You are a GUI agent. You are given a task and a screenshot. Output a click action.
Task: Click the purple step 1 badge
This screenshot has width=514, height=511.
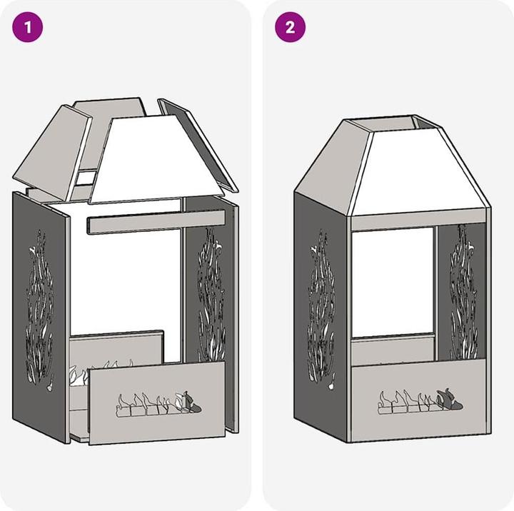tap(28, 27)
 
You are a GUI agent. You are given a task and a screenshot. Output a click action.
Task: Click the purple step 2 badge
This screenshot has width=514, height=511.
tap(290, 27)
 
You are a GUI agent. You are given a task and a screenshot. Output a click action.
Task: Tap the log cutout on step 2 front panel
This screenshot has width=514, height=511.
tap(420, 402)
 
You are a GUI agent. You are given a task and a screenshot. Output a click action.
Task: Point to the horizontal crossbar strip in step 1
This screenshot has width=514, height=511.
tap(156, 222)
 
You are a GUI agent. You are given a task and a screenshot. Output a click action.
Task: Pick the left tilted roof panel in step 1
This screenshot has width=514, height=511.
tap(52, 153)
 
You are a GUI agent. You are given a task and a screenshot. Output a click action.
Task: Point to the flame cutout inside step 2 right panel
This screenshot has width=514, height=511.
tap(463, 292)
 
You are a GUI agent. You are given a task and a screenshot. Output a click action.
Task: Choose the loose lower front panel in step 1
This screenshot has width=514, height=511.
tap(157, 403)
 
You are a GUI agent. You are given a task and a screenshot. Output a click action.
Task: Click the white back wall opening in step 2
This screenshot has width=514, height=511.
tap(393, 282)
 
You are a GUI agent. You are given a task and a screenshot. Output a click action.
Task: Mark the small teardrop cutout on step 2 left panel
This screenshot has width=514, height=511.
tap(332, 383)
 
